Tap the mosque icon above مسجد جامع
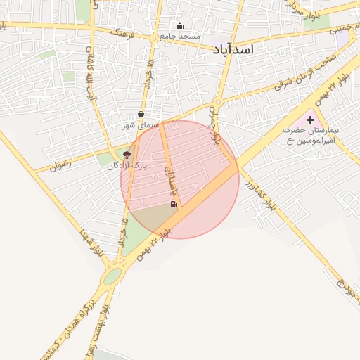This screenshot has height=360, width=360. (179, 26)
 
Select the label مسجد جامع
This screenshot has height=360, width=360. (180, 36)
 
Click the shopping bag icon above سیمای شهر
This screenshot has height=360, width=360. (141, 113)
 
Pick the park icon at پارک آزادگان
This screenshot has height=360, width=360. (127, 154)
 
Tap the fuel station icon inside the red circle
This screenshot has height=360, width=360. (173, 205)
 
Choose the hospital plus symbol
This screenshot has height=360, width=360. (310, 120)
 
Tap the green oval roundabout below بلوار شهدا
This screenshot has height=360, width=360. (112, 276)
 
